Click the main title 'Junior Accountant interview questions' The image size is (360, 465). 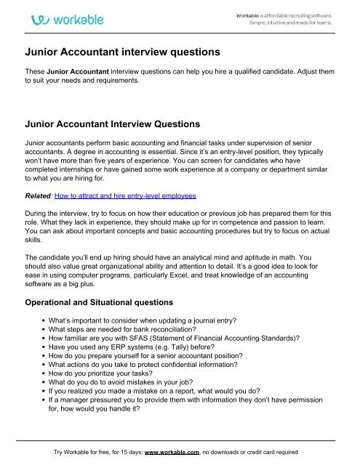122,52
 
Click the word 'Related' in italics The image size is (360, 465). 40,196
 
